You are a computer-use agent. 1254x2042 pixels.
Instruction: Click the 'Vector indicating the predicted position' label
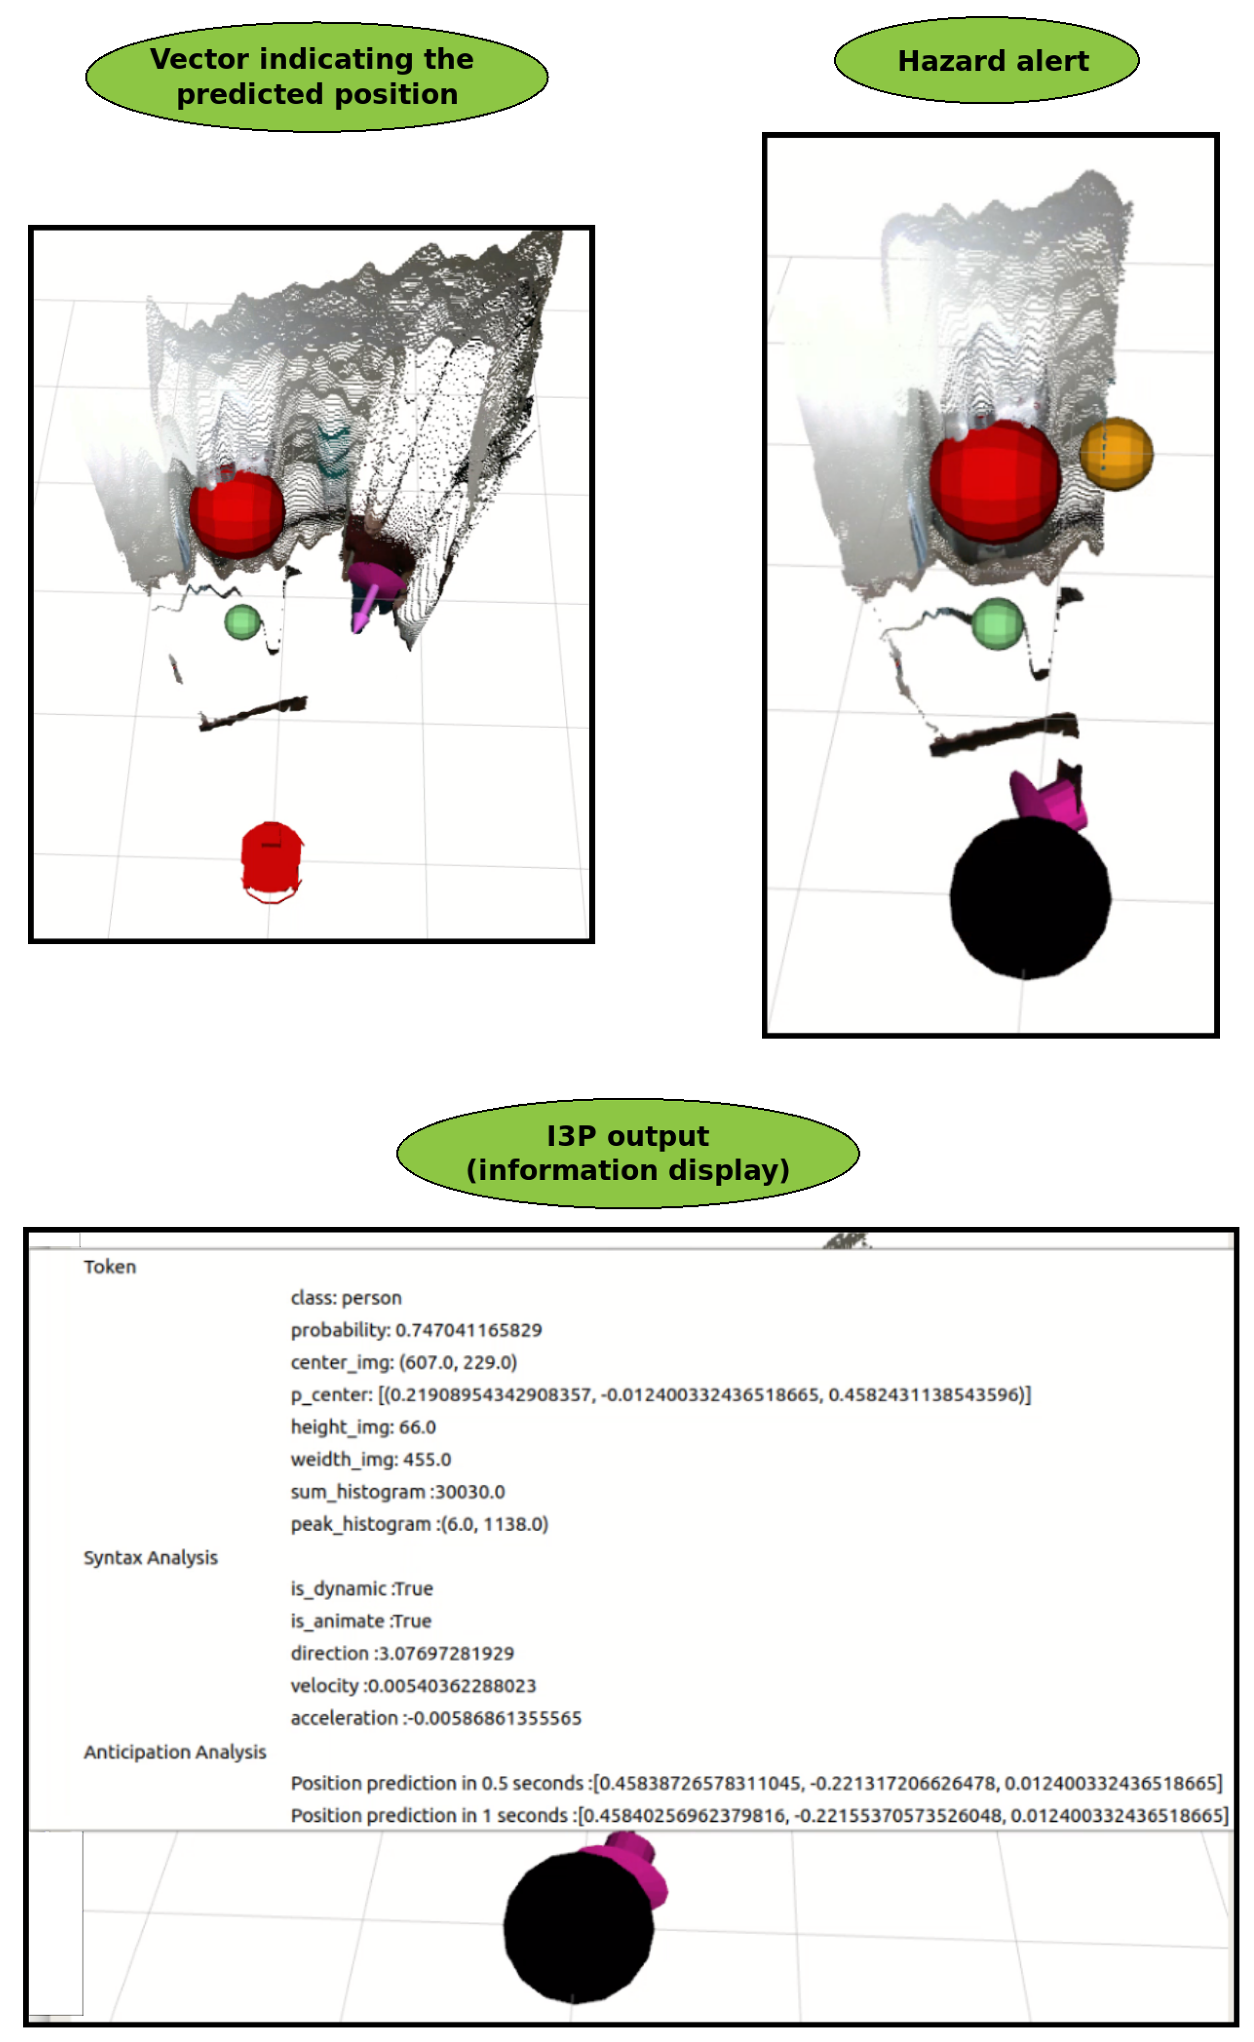(316, 76)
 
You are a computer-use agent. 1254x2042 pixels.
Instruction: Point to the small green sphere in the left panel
(242, 622)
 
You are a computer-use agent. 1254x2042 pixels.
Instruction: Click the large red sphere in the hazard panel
(995, 481)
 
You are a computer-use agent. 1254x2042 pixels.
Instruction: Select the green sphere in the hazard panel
(996, 623)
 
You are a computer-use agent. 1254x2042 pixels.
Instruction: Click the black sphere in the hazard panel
(1029, 898)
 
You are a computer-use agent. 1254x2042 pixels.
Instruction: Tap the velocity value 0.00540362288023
(451, 1685)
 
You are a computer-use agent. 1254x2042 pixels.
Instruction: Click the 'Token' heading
(109, 1266)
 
